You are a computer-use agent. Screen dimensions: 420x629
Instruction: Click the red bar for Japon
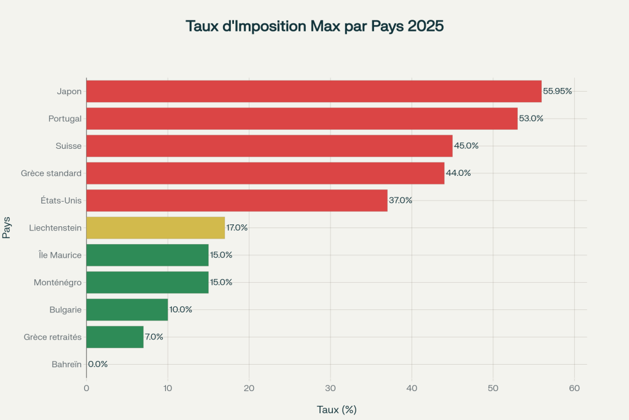pos(313,91)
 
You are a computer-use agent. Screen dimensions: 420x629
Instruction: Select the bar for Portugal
pos(302,118)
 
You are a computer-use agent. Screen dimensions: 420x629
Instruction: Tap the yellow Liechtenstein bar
pos(155,228)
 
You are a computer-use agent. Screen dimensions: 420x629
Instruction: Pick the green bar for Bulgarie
pos(127,309)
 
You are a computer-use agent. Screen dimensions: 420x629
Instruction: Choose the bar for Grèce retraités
pos(114,337)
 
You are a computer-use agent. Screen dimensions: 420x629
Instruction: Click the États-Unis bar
pos(236,200)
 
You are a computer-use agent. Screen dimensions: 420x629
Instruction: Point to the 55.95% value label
pos(557,91)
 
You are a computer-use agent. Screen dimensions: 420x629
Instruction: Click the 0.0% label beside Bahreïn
pos(98,364)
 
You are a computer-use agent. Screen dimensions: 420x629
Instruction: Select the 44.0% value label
pos(458,173)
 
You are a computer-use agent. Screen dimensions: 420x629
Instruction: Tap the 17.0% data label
pos(236,228)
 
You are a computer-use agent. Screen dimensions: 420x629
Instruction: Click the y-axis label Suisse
pos(68,146)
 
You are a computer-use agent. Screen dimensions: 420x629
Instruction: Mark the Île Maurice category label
pos(59,255)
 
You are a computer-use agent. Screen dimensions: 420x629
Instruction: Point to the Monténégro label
pos(57,282)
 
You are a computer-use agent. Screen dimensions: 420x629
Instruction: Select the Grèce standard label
pos(51,173)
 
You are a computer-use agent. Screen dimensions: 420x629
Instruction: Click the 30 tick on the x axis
pos(330,388)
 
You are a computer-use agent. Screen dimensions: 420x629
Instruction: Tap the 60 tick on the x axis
pos(574,388)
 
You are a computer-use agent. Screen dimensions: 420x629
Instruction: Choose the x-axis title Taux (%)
pos(337,409)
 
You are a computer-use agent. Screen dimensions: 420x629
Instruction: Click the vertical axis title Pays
pos(7,228)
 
